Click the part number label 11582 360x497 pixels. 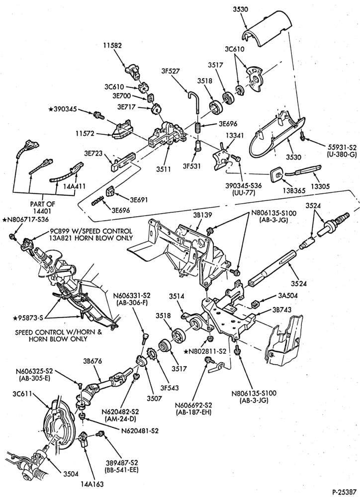coord(112,46)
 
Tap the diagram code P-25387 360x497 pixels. coord(344,492)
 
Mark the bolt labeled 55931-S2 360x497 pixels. coord(302,136)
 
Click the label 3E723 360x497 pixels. coord(93,154)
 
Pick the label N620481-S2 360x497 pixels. coord(140,431)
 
